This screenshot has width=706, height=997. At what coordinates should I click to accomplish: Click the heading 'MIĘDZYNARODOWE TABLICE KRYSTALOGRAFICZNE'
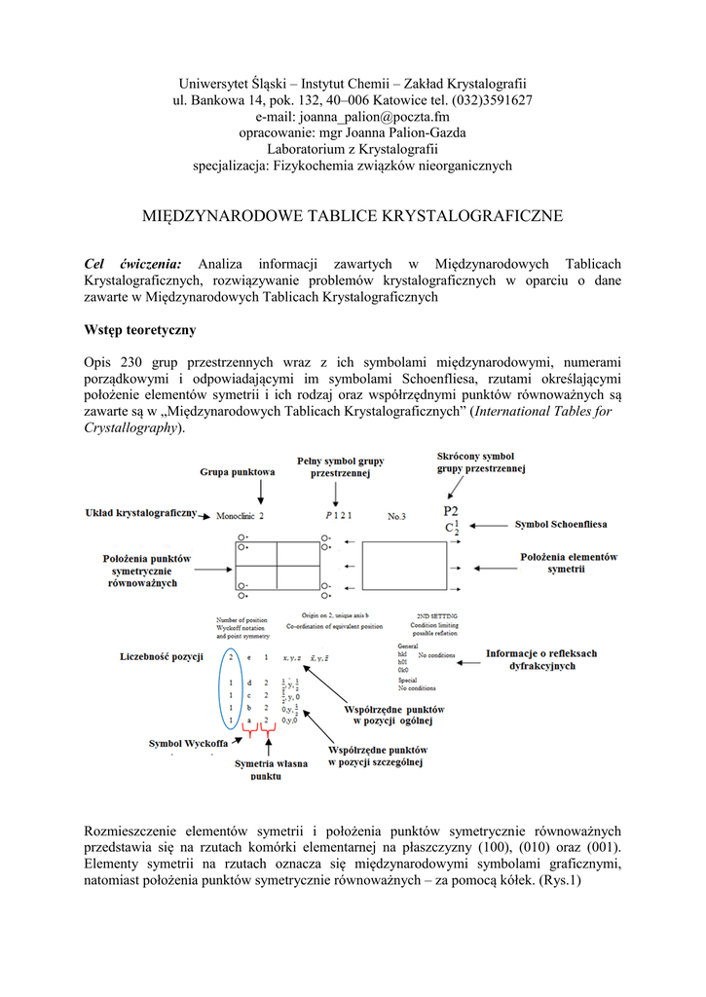[x=353, y=215]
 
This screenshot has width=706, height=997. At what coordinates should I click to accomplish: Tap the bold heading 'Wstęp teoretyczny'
[x=140, y=330]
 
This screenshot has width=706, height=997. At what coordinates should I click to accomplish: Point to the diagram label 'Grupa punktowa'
[x=238, y=472]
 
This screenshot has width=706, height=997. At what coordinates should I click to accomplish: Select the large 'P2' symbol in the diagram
[x=452, y=511]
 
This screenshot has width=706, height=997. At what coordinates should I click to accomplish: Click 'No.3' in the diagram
[x=396, y=515]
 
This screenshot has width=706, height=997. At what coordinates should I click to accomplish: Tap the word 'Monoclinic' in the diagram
[x=237, y=515]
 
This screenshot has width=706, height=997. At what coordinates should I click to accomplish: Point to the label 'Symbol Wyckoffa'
[x=189, y=743]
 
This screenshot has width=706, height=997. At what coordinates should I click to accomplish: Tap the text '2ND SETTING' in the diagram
[x=428, y=615]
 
